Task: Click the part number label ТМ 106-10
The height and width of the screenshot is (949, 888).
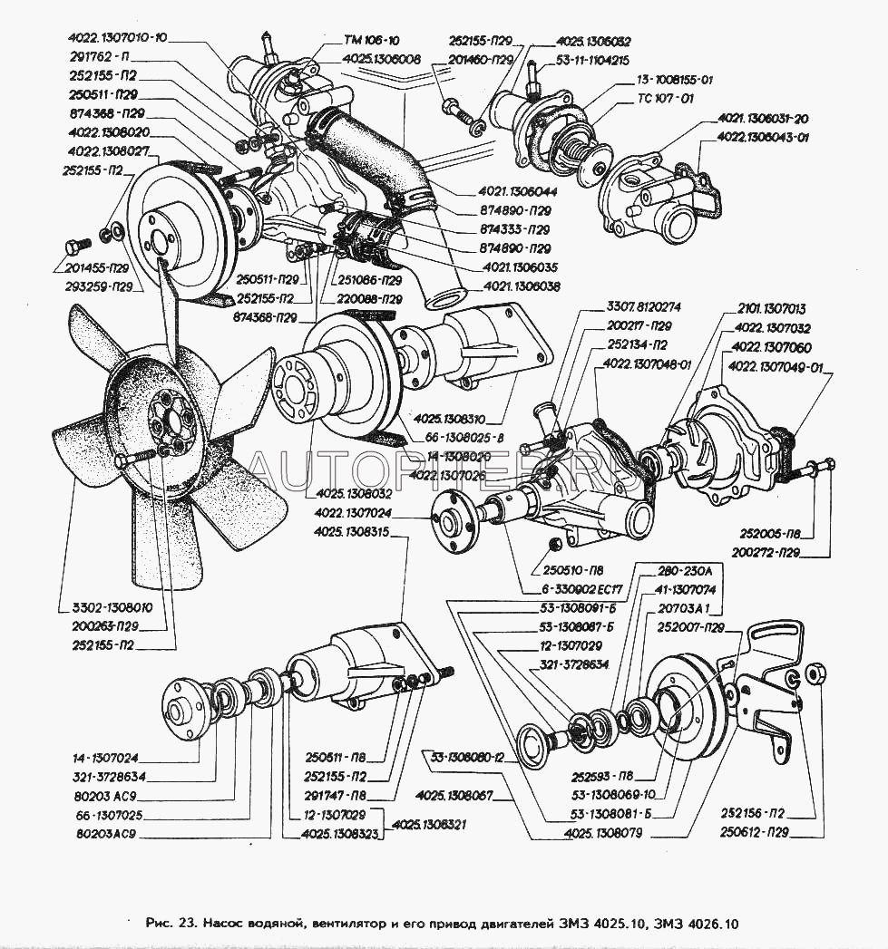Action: click(371, 42)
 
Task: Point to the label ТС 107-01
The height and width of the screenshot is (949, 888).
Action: click(665, 98)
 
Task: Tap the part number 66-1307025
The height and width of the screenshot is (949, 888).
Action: click(110, 815)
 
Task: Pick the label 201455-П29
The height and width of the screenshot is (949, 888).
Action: click(102, 269)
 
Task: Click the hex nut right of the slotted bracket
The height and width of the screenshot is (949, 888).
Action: click(815, 673)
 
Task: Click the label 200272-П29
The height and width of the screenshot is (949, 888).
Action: click(771, 553)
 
